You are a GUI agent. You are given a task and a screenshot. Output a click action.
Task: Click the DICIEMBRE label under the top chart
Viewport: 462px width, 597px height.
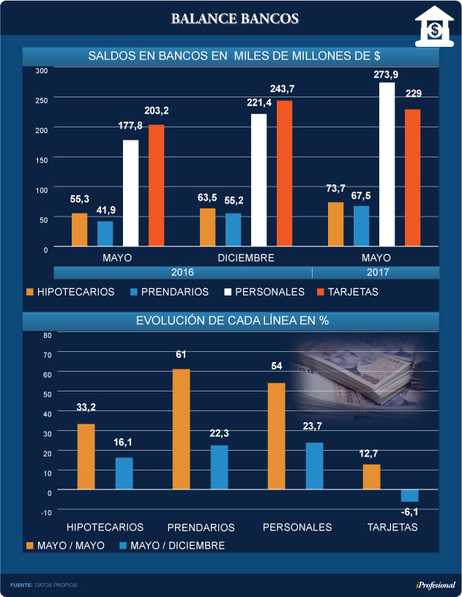click(x=246, y=258)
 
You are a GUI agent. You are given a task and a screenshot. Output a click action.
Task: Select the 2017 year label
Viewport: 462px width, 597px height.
click(x=376, y=272)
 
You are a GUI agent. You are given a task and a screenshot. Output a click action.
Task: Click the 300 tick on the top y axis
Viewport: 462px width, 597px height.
click(x=42, y=70)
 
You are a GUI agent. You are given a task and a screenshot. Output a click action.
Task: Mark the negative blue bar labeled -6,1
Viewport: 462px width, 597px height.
click(x=409, y=495)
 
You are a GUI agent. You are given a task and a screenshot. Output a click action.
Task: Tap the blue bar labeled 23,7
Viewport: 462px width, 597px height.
click(x=313, y=465)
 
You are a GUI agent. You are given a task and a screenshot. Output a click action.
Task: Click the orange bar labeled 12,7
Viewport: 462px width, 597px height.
click(x=371, y=476)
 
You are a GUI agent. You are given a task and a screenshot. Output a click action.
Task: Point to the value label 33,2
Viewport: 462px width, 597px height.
click(x=86, y=408)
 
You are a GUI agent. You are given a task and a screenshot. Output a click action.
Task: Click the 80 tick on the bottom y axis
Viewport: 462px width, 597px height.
click(x=47, y=335)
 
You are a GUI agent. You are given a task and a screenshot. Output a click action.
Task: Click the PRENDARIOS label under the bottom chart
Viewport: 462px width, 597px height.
click(x=201, y=527)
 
